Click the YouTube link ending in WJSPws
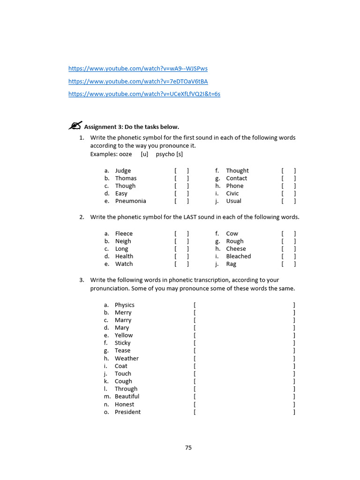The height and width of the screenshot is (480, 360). (x=138, y=68)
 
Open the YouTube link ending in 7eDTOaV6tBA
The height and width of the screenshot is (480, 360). (x=138, y=81)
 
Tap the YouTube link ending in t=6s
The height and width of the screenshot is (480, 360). (x=144, y=94)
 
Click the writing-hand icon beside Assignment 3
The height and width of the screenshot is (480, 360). (x=75, y=126)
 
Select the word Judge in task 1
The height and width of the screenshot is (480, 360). (x=123, y=171)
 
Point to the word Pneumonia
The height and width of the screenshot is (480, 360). (x=130, y=201)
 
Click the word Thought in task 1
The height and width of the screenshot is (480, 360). (x=237, y=171)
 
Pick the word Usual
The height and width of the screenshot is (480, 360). (x=233, y=201)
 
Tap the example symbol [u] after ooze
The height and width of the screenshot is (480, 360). (x=144, y=154)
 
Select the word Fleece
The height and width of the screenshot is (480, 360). (x=124, y=233)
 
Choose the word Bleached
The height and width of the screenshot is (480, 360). (x=238, y=256)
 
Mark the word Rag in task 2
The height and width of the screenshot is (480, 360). (x=231, y=264)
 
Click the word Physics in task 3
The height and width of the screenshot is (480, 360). (x=124, y=305)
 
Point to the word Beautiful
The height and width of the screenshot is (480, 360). (x=127, y=396)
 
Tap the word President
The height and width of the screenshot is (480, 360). (x=127, y=412)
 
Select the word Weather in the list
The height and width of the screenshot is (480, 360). (x=127, y=358)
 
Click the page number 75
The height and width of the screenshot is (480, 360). (x=188, y=448)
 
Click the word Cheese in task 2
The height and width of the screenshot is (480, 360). (x=236, y=249)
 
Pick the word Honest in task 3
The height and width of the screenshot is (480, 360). (x=124, y=404)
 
